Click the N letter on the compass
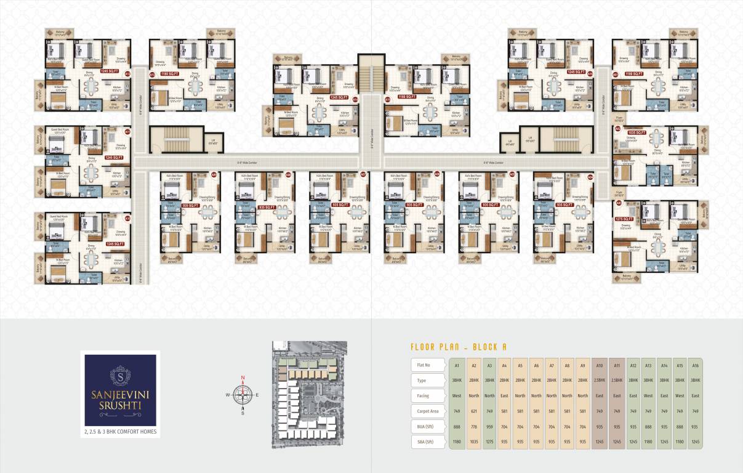tap(243, 377)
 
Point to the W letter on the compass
tap(228, 395)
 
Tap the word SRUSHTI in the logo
tap(121, 407)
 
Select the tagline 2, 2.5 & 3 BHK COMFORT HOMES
tap(121, 432)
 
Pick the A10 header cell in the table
tap(600, 365)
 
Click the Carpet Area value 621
tap(474, 411)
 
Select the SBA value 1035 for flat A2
tap(474, 441)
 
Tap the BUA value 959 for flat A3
tap(489, 426)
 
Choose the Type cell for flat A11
tap(616, 381)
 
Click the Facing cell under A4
tap(505, 396)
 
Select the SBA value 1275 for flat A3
tap(489, 441)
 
